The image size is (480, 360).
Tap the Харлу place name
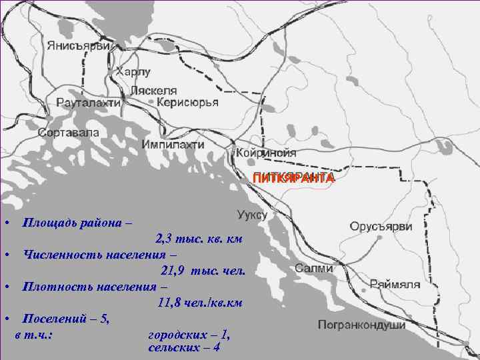(x=133, y=71)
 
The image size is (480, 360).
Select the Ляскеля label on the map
(x=154, y=90)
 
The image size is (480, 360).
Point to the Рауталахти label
(x=89, y=103)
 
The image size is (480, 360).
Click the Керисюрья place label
(x=187, y=102)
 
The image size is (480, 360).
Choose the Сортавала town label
(x=69, y=132)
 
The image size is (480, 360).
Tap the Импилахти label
(x=173, y=145)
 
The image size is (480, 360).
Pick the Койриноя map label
(x=265, y=152)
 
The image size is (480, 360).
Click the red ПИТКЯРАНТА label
(x=293, y=178)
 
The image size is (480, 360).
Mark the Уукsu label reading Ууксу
(x=252, y=215)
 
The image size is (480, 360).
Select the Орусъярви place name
(x=381, y=226)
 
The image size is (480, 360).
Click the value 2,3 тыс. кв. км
(x=199, y=239)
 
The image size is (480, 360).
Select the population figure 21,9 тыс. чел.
(x=203, y=271)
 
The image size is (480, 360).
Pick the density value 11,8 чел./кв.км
(x=199, y=303)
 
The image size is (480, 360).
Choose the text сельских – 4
(x=184, y=348)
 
